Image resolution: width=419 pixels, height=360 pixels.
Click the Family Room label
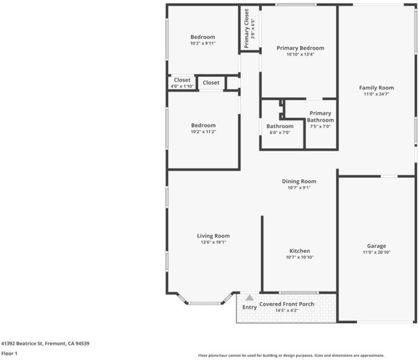376,88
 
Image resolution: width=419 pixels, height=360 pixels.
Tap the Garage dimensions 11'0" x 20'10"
376,252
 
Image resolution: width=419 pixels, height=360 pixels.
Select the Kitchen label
300,251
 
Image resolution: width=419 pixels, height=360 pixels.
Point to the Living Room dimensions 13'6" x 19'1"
213,242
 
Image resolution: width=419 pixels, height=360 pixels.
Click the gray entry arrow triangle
249,298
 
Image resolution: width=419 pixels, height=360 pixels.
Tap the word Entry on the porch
249,307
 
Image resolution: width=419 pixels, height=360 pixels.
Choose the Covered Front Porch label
287,304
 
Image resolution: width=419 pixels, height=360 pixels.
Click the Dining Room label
299,181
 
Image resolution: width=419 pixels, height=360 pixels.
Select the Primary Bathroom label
320,117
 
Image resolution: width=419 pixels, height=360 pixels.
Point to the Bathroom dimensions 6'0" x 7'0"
280,133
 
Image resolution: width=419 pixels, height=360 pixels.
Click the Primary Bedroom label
300,48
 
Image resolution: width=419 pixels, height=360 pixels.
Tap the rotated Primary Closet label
246,29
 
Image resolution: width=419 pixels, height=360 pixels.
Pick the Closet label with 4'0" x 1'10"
182,80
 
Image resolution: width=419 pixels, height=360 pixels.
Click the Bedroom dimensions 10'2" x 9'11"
203,43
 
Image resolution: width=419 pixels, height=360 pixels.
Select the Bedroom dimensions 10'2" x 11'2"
203,131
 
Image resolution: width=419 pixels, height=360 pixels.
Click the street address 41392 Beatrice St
22,343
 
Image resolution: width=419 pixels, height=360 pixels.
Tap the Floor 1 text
10,353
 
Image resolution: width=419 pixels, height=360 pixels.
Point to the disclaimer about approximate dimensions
291,355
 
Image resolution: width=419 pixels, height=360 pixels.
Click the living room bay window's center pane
205,304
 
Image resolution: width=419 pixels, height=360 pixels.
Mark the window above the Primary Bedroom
296,5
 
